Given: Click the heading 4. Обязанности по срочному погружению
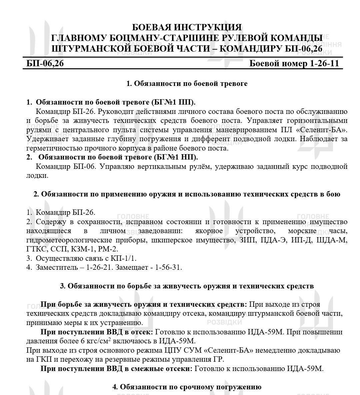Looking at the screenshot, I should pyautogui.click(x=187, y=387).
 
